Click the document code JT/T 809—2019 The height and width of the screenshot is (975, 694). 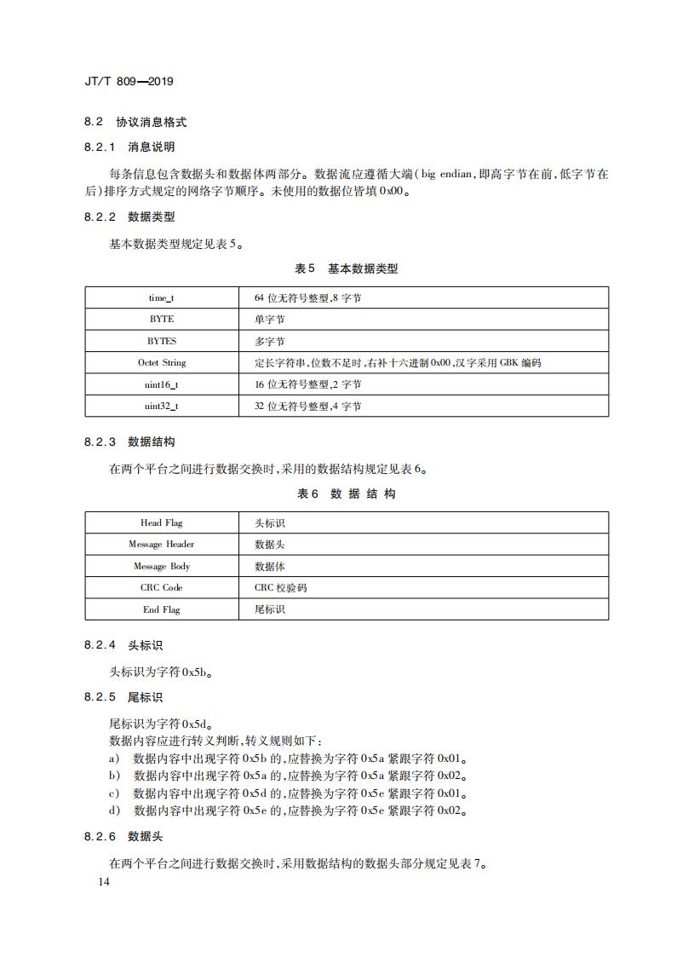click(129, 82)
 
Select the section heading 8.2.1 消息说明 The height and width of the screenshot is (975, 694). click(129, 147)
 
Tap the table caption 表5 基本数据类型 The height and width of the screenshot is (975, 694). click(346, 268)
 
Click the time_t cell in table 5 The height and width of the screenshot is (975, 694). click(162, 297)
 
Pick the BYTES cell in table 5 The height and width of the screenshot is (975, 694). click(162, 341)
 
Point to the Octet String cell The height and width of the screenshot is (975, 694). click(162, 362)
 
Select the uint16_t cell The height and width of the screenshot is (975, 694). click(162, 384)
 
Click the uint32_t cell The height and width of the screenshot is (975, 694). click(162, 406)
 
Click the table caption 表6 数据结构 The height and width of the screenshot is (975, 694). click(346, 493)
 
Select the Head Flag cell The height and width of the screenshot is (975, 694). click(162, 522)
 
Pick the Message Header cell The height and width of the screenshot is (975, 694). click(162, 544)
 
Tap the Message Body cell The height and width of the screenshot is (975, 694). click(162, 566)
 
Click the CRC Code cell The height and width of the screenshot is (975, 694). click(162, 587)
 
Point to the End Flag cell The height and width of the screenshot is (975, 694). click(162, 609)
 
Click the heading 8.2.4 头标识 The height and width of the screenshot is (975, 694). click(123, 646)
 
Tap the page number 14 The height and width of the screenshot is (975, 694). click(104, 881)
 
